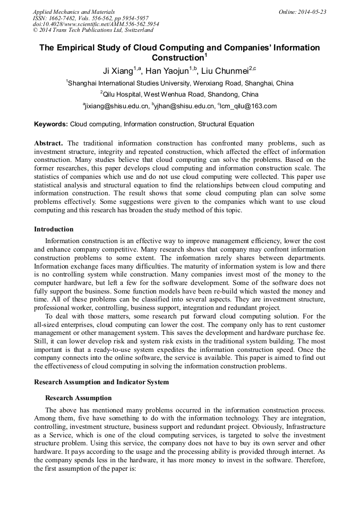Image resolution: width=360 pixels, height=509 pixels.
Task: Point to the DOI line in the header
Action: [96, 24]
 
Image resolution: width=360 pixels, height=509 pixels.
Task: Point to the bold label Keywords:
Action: [51, 124]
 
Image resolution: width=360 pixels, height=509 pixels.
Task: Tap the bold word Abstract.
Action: [48, 143]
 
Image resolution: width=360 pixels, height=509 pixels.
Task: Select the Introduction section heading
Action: [54, 229]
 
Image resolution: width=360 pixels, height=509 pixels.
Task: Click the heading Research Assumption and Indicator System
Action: [101, 382]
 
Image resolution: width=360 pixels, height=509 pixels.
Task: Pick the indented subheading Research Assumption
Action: [78, 398]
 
